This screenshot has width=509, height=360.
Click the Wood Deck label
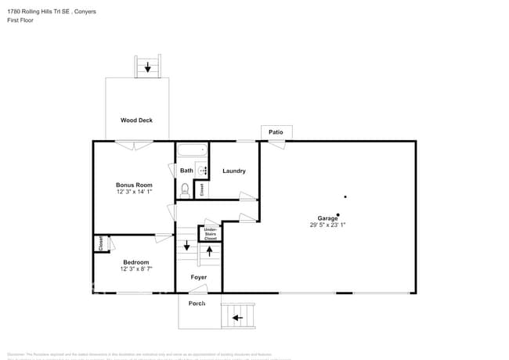[136, 121]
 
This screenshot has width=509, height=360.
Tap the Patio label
[276, 132]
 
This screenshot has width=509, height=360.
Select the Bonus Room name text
[132, 185]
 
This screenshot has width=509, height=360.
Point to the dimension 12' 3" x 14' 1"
[133, 192]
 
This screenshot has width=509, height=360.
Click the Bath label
[186, 171]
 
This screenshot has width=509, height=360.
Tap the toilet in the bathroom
[186, 189]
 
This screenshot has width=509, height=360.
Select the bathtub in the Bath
[191, 149]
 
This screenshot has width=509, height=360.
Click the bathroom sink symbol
[202, 170]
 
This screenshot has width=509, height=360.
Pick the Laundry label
[234, 171]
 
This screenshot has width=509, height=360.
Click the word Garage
[327, 218]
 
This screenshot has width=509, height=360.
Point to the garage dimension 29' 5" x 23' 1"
[327, 225]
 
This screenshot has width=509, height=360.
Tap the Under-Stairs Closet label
[211, 233]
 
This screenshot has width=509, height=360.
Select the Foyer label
[199, 277]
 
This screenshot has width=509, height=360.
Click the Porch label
[197, 304]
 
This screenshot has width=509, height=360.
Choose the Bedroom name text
[136, 261]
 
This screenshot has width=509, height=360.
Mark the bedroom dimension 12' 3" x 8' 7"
[136, 268]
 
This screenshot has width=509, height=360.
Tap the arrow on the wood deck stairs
[147, 67]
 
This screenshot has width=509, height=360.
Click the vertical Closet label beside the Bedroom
[100, 243]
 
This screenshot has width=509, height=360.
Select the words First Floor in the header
[20, 20]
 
